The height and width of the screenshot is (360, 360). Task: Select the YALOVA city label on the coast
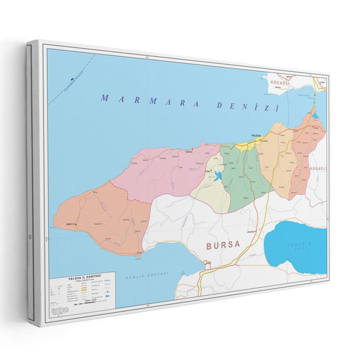(x=256, y=135)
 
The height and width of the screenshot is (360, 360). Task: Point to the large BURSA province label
(x=224, y=245)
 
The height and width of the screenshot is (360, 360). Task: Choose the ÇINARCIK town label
(x=189, y=152)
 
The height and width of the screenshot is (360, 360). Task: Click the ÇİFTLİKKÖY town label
(x=263, y=141)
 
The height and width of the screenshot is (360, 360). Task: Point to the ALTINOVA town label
(x=316, y=128)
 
